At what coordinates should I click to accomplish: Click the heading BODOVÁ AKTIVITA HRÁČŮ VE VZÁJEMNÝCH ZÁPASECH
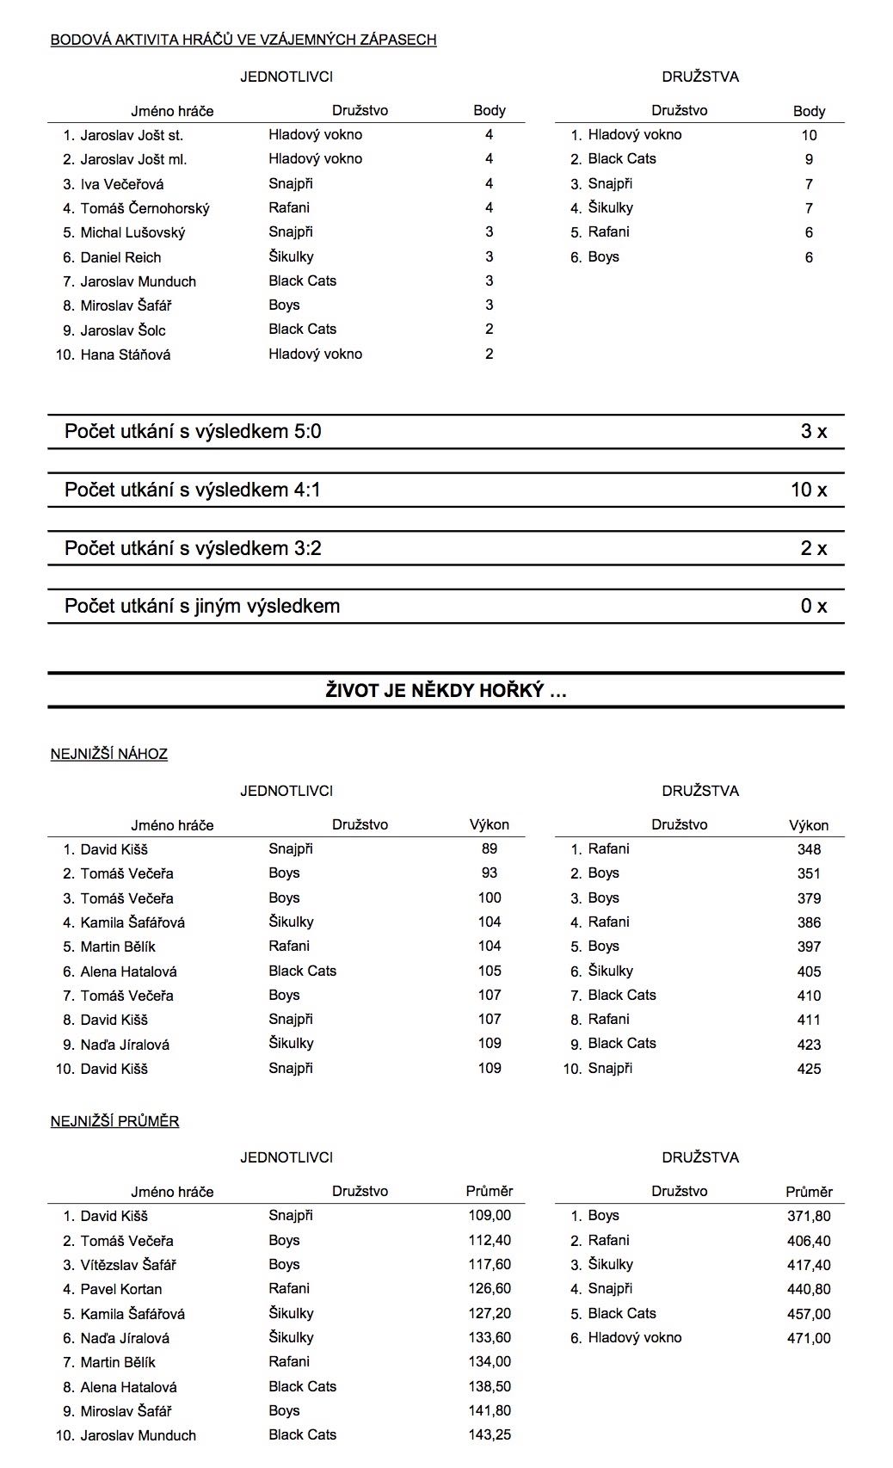(x=243, y=40)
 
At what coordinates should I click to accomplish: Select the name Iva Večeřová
(x=122, y=184)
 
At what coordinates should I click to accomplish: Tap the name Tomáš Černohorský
(x=145, y=208)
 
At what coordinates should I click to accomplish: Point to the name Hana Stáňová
(x=126, y=355)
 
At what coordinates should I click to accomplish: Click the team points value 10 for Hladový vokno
(x=809, y=135)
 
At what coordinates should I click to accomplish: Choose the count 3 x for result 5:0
(x=813, y=432)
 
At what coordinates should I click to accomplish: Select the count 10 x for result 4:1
(x=809, y=490)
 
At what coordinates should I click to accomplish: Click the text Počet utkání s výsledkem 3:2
(x=193, y=549)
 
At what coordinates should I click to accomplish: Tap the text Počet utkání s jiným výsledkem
(x=202, y=607)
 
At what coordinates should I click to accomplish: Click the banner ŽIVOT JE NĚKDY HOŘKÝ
(x=446, y=691)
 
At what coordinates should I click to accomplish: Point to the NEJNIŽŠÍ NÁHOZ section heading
(x=109, y=755)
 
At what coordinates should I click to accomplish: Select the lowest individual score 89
(x=490, y=848)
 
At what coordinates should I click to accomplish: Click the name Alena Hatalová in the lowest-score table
(x=129, y=971)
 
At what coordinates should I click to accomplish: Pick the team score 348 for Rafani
(x=809, y=849)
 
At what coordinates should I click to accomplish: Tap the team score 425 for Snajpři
(x=809, y=1069)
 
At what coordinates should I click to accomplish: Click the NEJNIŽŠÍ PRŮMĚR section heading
(x=115, y=1121)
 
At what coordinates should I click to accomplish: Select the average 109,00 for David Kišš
(x=490, y=1216)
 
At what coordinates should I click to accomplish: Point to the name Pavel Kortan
(x=121, y=1289)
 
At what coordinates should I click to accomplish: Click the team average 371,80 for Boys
(x=809, y=1216)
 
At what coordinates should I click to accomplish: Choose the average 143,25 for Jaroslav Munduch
(x=490, y=1435)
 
